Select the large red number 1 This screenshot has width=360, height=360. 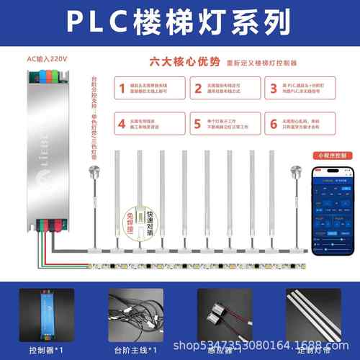pyautogui.click(x=119, y=89)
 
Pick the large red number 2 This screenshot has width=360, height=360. pyautogui.click(x=197, y=89)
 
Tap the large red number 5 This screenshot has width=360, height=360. pyautogui.click(x=197, y=123)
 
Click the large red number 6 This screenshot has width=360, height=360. pyautogui.click(x=274, y=123)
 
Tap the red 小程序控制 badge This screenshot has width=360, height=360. pyautogui.click(x=328, y=155)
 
